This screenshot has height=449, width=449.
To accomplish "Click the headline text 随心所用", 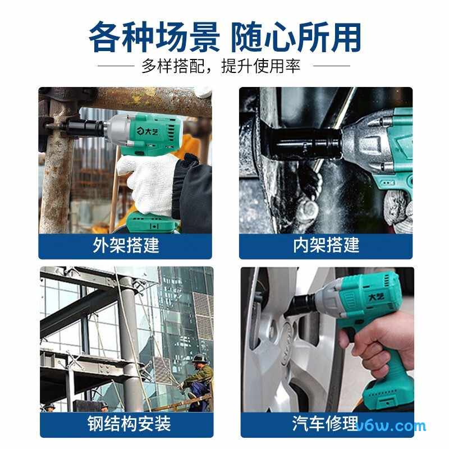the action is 296,37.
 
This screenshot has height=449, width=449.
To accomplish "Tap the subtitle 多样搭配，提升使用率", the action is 221,66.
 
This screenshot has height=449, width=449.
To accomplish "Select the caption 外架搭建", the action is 126,245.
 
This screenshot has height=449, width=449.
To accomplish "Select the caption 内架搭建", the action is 326,245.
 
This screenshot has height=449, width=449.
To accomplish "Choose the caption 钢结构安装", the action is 129,424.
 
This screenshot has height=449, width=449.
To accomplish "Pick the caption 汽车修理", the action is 326,424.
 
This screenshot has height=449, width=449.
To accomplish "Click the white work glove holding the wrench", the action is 149,184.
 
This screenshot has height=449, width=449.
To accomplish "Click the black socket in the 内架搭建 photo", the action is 304,143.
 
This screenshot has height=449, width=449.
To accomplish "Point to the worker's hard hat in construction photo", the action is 198,358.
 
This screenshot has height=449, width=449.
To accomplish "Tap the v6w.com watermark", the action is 392,427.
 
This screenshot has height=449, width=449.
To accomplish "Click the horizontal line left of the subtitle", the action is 116,66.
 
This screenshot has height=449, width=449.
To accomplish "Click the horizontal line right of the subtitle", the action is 332,66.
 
